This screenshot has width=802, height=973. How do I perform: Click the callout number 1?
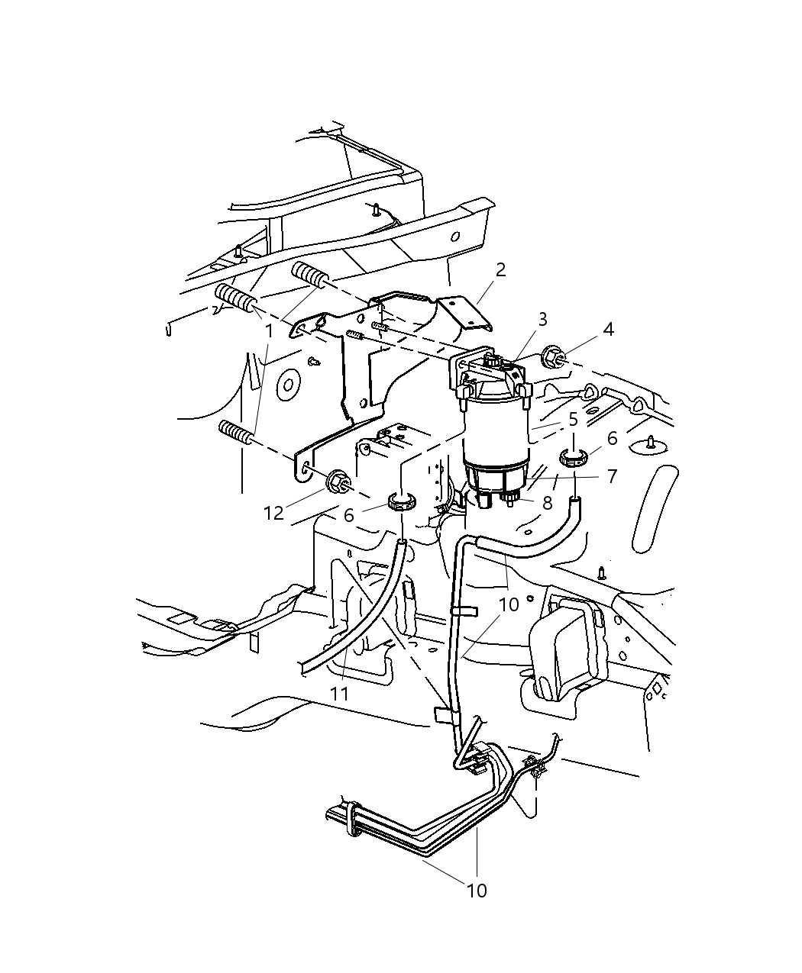(268, 331)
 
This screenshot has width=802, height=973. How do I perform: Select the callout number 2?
(500, 270)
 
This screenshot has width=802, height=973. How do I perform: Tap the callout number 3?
(542, 320)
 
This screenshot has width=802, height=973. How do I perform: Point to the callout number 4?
(608, 330)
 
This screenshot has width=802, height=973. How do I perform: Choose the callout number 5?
(573, 420)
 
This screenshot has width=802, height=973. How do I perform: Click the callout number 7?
(612, 477)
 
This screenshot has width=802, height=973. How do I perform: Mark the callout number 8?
(547, 503)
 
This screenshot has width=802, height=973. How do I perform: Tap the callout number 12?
(273, 514)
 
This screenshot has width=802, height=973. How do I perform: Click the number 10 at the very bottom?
(477, 891)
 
